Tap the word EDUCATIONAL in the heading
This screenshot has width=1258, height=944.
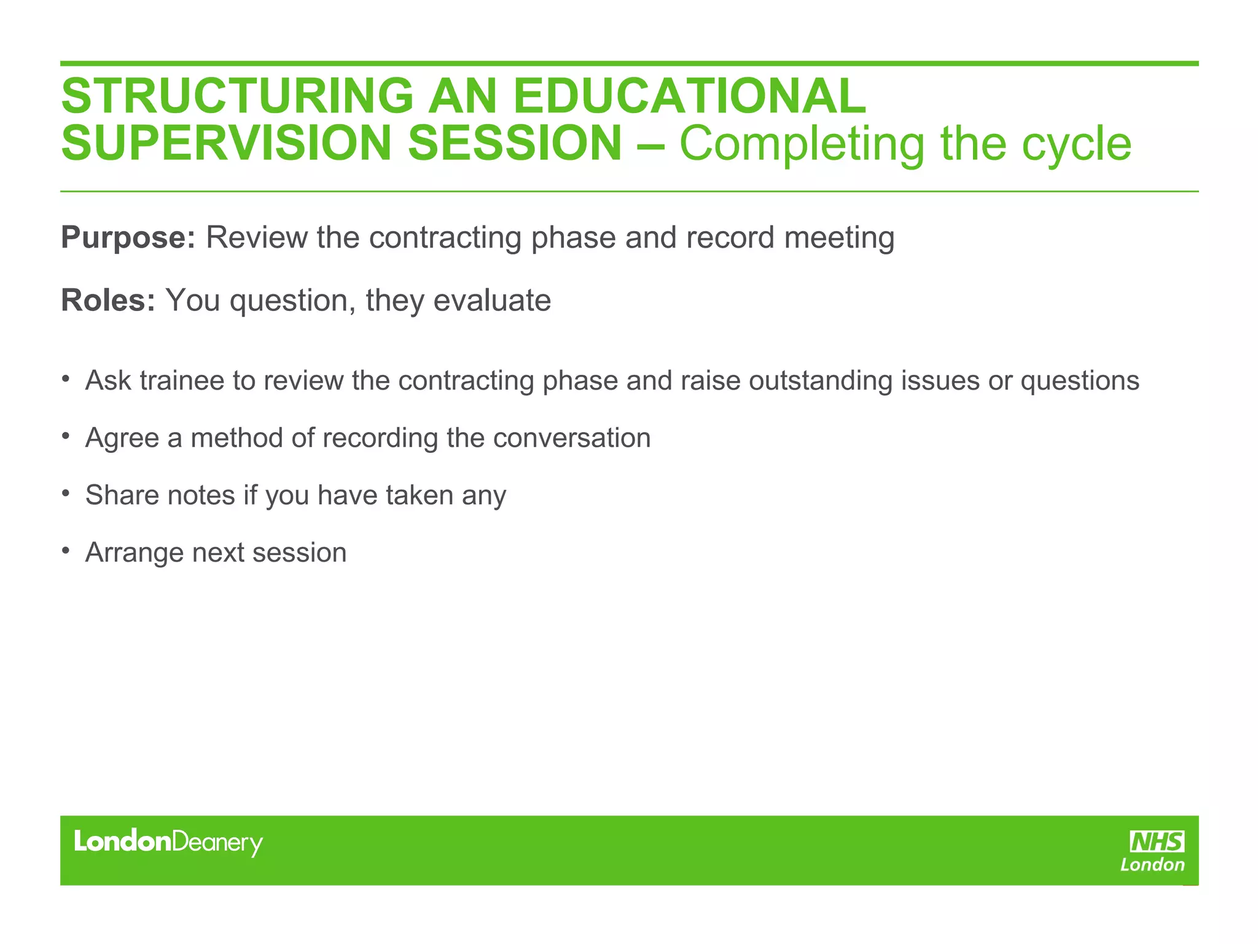click(x=689, y=96)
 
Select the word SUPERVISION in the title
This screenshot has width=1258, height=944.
click(x=227, y=143)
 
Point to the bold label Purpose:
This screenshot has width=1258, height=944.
click(x=128, y=238)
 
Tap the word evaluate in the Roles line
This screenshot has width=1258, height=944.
click(x=491, y=301)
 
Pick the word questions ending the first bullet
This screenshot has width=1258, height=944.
click(x=1080, y=381)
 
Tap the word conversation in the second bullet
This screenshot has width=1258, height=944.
click(x=571, y=438)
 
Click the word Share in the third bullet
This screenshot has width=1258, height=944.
click(x=122, y=495)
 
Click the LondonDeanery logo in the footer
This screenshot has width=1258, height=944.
click(x=168, y=843)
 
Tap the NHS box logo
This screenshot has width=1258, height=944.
click(x=1157, y=841)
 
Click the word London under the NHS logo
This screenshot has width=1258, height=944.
click(x=1152, y=865)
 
